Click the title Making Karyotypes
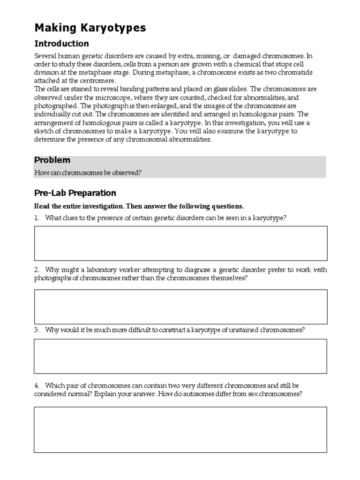tap(90, 28)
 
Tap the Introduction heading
tap(61, 44)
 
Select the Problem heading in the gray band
tap(52, 160)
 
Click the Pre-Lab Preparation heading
tap(75, 193)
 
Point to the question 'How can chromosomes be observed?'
tap(88, 173)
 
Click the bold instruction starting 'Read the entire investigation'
tap(139, 207)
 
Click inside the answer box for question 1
tap(180, 243)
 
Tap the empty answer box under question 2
tap(180, 307)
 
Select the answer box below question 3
tap(180, 356)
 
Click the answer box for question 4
tap(180, 429)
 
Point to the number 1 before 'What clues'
tap(37, 218)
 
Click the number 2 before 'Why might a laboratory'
tap(37, 270)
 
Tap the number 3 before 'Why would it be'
tap(37, 330)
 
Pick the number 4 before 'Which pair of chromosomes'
tap(37, 386)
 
